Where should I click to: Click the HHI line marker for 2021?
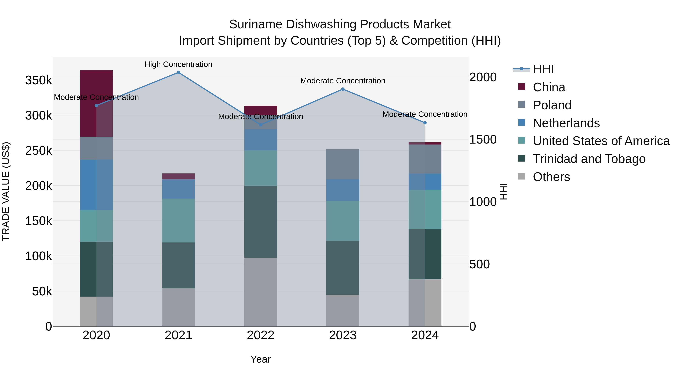click(x=178, y=72)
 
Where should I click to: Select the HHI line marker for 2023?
click(x=343, y=89)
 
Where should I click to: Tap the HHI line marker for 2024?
click(x=425, y=123)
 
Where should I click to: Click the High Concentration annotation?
click(x=178, y=64)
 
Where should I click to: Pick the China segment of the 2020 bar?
click(x=96, y=103)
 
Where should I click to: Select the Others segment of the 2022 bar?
click(x=260, y=292)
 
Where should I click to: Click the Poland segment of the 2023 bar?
click(x=343, y=164)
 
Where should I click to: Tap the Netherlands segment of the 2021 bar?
click(x=178, y=189)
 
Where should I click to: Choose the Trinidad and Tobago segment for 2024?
click(x=425, y=254)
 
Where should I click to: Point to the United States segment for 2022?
click(x=260, y=168)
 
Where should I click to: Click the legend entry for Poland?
click(x=552, y=105)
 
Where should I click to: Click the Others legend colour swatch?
click(x=522, y=176)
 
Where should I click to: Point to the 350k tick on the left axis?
click(x=39, y=80)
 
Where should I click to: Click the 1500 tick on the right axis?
click(x=483, y=140)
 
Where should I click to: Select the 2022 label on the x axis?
click(x=260, y=335)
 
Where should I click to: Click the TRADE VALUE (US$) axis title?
click(x=6, y=191)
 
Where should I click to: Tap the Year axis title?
click(x=260, y=359)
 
